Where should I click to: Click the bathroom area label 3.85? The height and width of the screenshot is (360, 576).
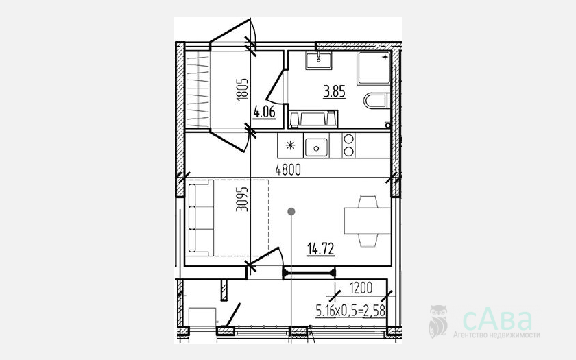click(335, 91)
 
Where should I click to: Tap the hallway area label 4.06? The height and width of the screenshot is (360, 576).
click(264, 112)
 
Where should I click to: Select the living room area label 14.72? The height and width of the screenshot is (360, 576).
click(321, 249)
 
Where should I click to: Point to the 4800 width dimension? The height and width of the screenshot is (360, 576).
click(288, 170)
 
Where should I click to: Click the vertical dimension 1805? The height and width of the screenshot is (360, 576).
click(243, 90)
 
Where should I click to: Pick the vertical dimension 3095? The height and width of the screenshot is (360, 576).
click(242, 200)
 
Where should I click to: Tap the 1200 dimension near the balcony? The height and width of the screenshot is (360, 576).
click(361, 288)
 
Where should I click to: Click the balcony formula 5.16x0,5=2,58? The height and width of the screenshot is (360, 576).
click(350, 311)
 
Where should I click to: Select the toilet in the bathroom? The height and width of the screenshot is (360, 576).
click(377, 101)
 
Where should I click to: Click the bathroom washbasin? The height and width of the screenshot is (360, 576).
click(319, 60)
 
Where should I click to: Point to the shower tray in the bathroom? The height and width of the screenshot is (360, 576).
click(374, 68)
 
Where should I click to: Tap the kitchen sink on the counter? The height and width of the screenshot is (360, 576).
click(316, 147)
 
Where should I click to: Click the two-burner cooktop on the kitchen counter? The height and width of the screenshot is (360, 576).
click(348, 145)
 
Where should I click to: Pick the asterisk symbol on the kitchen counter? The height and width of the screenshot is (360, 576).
click(290, 145)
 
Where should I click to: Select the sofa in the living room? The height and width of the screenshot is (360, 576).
click(200, 217)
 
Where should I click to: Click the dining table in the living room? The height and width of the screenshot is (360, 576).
click(368, 220)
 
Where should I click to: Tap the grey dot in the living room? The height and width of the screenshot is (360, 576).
click(291, 212)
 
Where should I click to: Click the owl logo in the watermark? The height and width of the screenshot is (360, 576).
click(438, 321)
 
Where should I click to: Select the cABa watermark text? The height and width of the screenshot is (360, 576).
click(497, 320)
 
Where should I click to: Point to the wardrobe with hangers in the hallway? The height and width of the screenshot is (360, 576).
click(197, 89)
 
